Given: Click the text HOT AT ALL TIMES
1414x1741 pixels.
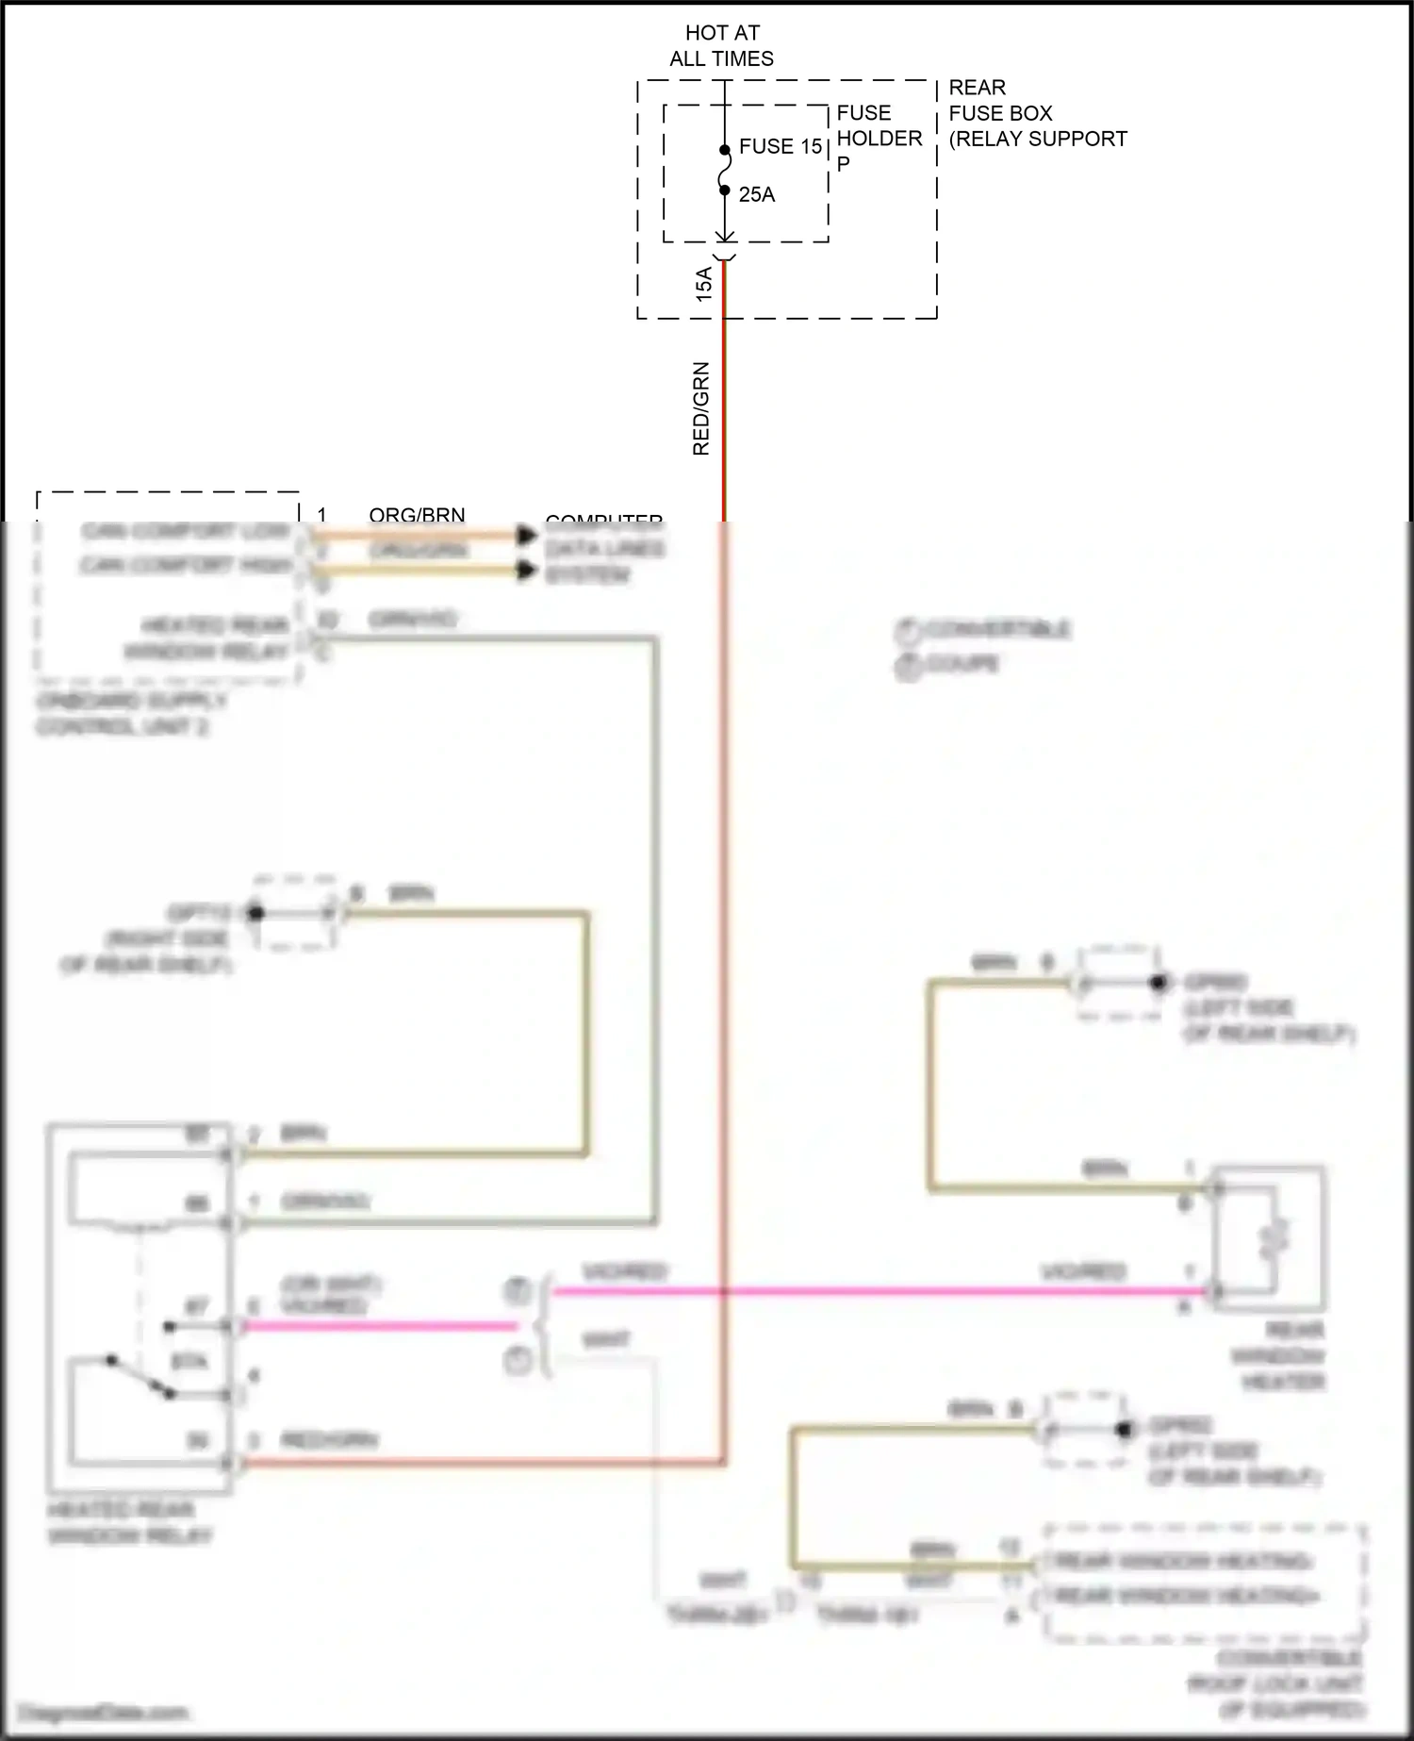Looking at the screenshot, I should tap(722, 46).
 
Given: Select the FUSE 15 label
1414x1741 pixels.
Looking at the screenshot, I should tap(781, 146).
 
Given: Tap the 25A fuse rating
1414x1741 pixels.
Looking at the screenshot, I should tap(756, 194).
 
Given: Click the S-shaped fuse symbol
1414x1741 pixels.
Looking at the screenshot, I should tap(724, 171).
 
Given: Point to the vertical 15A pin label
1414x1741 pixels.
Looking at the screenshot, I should tap(704, 284).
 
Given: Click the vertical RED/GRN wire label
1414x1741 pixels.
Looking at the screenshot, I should tap(701, 409).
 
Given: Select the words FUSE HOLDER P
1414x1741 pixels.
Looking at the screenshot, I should tap(878, 138).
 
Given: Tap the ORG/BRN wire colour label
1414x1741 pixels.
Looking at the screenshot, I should tap(417, 515).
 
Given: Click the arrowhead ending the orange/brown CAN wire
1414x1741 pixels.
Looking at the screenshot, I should tap(527, 536).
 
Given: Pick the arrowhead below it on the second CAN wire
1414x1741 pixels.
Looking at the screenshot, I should tap(527, 570).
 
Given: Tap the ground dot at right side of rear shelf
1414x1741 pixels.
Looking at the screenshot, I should tap(255, 913).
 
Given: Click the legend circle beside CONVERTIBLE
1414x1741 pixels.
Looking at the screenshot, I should tap(907, 630).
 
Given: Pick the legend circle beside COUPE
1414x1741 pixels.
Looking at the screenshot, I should tap(907, 666).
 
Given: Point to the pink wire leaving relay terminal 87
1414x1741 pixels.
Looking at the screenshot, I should tap(377, 1326).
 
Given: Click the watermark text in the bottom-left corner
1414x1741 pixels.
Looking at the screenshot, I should tap(104, 1712).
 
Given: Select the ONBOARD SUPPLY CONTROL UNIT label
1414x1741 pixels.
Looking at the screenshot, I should tap(132, 715).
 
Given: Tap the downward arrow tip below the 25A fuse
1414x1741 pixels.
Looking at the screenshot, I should tap(724, 240).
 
